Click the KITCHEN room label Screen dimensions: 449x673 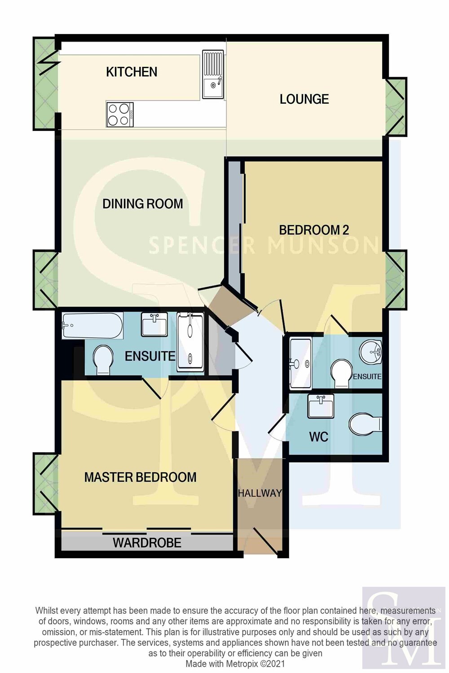click(132, 72)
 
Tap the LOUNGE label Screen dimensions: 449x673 click(304, 99)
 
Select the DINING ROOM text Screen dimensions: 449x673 click(143, 204)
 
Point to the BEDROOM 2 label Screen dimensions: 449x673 click(314, 230)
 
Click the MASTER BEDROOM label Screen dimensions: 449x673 click(140, 477)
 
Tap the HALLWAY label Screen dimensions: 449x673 click(260, 493)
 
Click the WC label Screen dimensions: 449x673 click(318, 437)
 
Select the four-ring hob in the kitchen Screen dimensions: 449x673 click(120, 114)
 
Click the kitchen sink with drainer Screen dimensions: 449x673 click(213, 74)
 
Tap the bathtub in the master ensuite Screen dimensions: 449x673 click(92, 326)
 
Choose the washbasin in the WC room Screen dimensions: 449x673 click(321, 406)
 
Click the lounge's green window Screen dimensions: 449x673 click(396, 107)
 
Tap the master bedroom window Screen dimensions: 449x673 click(46, 483)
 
